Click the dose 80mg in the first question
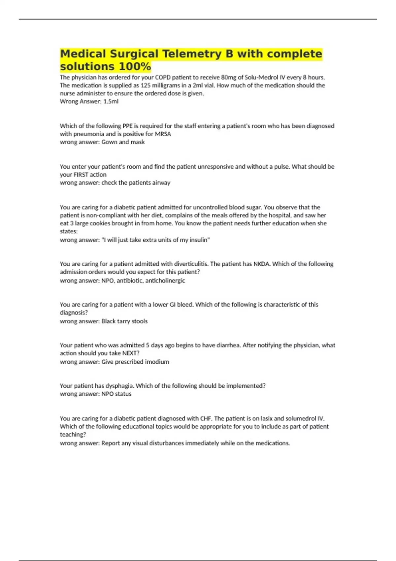coord(229,78)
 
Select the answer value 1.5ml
coord(111,102)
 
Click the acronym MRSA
coord(163,134)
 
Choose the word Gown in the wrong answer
coord(109,142)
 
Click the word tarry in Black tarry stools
coord(124,321)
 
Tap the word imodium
coord(156,362)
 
